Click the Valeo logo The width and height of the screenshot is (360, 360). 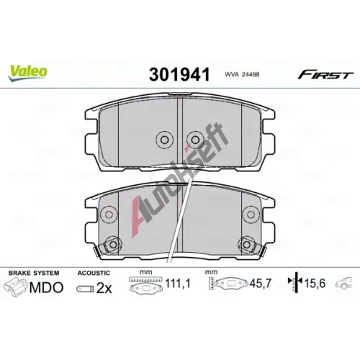point(27,73)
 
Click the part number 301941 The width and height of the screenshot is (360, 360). point(179,74)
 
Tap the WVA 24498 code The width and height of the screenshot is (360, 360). point(242,74)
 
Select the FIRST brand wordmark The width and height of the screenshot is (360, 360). point(325,75)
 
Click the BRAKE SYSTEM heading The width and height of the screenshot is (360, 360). point(34,273)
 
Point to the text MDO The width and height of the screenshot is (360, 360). point(46,287)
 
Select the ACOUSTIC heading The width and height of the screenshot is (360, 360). point(94,273)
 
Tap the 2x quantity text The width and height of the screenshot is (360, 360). point(104,288)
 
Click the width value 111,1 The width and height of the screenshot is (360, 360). point(178,284)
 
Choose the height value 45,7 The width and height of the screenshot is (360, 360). point(260,284)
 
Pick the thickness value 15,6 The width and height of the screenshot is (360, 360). point(315,284)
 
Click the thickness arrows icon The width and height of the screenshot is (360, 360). point(295,283)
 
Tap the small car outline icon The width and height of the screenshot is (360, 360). point(343,282)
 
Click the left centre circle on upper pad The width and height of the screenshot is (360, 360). point(164,140)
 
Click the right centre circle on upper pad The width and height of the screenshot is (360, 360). point(195,140)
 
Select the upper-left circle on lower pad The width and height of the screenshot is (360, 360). point(109,215)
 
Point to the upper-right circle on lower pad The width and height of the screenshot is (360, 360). point(251,215)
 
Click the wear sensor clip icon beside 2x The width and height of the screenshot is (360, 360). point(85,289)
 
